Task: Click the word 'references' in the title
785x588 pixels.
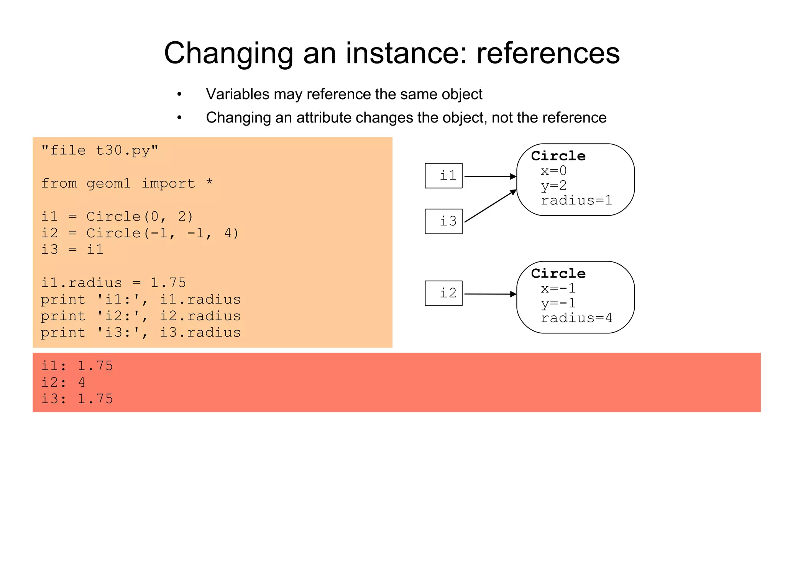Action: point(548,53)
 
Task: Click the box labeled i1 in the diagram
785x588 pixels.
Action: point(443,176)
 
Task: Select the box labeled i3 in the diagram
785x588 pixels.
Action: point(443,221)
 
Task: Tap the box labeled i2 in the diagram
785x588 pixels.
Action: point(443,293)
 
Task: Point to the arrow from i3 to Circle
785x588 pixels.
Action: point(490,206)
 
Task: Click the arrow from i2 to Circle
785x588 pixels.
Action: point(490,294)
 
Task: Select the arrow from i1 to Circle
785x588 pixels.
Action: point(490,176)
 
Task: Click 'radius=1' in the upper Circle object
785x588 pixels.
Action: point(576,200)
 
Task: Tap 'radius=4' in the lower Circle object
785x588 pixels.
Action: point(576,318)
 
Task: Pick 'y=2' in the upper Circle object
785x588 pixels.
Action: point(553,186)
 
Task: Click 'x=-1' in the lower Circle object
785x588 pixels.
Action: point(558,288)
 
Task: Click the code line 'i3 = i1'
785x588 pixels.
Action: point(72,250)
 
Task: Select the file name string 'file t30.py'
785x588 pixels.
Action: point(100,150)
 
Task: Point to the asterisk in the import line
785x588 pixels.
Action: point(209,182)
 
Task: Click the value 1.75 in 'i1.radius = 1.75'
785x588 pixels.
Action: point(168,283)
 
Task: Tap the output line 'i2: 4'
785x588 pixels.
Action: point(63,382)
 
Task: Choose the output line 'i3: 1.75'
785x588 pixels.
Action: point(77,399)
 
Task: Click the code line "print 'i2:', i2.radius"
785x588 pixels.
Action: point(140,316)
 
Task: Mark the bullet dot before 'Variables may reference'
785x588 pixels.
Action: point(179,94)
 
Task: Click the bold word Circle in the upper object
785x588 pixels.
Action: point(558,156)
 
